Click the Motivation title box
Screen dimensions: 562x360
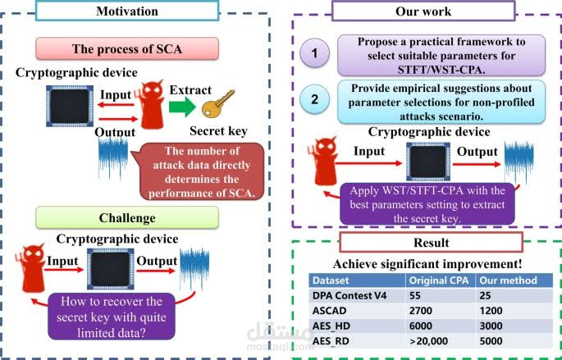(x=127, y=11)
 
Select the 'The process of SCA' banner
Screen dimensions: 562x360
(x=127, y=48)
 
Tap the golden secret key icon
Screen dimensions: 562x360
(x=217, y=103)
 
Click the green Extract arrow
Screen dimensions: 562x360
(x=182, y=107)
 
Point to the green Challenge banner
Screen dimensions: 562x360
(x=127, y=218)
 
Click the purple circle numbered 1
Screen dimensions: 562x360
(x=314, y=53)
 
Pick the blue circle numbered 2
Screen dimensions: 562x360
(x=314, y=99)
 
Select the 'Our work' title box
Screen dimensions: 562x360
(x=423, y=11)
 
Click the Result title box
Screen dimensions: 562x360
(x=432, y=243)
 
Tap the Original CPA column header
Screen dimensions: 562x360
(x=439, y=280)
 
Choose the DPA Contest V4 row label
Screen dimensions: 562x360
(x=350, y=296)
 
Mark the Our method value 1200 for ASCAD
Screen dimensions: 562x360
(x=491, y=311)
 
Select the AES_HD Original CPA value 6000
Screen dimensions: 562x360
(x=420, y=326)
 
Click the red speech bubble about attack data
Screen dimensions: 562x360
(x=199, y=171)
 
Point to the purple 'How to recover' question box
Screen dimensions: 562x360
(x=111, y=317)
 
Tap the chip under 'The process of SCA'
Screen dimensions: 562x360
(x=70, y=106)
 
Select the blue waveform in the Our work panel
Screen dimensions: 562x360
(x=519, y=162)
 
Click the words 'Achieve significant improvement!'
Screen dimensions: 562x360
(x=427, y=264)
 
